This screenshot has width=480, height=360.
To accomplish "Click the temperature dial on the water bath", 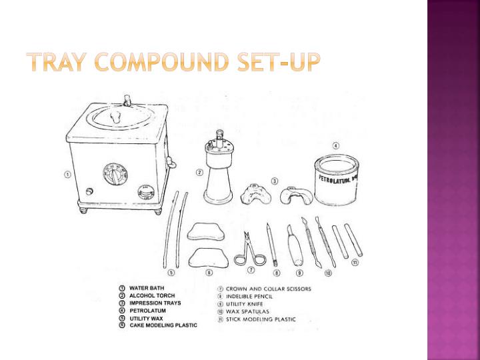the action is click(x=115, y=174).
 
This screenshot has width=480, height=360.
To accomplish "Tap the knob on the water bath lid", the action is click(x=115, y=117).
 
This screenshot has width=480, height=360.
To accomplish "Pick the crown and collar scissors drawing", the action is click(x=249, y=249).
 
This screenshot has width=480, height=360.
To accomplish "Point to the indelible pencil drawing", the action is click(x=272, y=244).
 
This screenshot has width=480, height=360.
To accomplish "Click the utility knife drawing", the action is click(x=295, y=245).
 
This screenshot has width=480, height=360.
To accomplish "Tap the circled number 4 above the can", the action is click(x=336, y=146).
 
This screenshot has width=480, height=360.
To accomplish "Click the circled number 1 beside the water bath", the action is click(x=67, y=175).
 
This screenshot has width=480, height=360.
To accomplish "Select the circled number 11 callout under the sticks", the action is click(x=355, y=263).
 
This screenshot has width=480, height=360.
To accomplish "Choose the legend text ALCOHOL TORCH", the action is click(x=152, y=296).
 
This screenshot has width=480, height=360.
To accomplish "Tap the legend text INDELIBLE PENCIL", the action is click(x=249, y=296).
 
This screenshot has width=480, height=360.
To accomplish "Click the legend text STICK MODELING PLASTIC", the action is click(x=261, y=319).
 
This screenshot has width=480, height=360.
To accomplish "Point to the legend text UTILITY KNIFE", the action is click(x=244, y=304).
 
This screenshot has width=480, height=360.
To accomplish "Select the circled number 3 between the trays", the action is click(x=275, y=181).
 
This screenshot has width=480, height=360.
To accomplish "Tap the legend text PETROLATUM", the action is click(x=147, y=311).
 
